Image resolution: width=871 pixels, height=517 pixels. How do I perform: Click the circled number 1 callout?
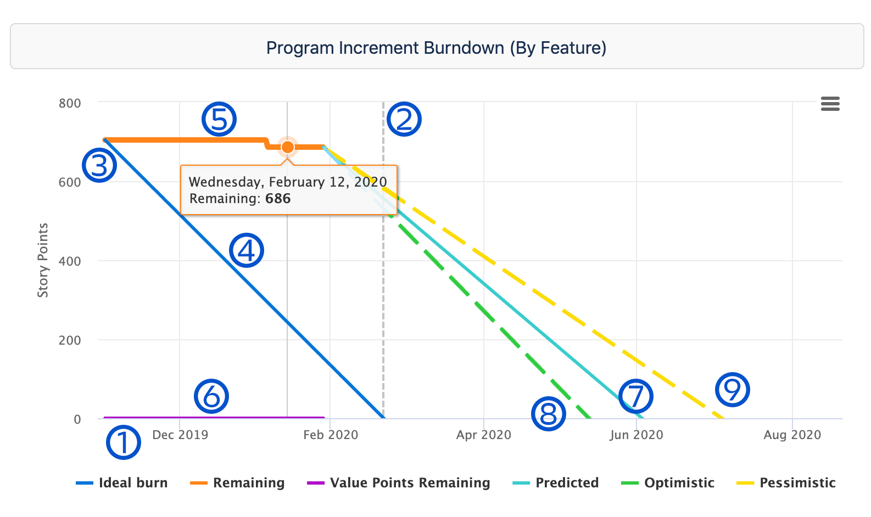click(x=123, y=442)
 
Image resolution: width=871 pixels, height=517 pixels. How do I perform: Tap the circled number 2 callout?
click(x=404, y=119)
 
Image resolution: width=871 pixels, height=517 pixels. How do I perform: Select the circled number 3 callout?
click(x=99, y=165)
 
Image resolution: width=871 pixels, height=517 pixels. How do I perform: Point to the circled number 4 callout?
click(x=247, y=250)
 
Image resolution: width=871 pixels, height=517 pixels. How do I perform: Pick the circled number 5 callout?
click(x=219, y=119)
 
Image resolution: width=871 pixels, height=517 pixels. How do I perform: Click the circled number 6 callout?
click(x=211, y=396)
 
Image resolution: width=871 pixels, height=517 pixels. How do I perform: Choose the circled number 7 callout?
click(x=635, y=396)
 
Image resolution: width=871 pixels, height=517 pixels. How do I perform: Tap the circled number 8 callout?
click(x=549, y=414)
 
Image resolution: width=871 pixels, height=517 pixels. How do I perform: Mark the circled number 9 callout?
click(x=733, y=390)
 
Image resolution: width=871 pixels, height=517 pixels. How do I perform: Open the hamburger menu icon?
click(x=830, y=104)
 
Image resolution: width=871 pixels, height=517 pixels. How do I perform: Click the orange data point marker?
click(x=287, y=147)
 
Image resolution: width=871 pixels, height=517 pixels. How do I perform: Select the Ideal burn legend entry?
click(x=122, y=483)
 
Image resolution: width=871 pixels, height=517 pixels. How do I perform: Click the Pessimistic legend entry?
click(x=786, y=483)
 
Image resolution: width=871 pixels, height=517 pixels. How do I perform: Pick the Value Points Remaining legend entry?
click(x=399, y=483)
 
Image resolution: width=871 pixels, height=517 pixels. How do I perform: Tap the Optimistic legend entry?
click(x=668, y=483)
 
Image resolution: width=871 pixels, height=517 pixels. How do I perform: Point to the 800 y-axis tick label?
click(x=70, y=103)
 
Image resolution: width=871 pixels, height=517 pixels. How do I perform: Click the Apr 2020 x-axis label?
click(x=483, y=435)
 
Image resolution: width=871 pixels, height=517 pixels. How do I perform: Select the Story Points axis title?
click(x=43, y=260)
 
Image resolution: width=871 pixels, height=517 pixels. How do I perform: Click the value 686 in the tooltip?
click(x=278, y=199)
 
